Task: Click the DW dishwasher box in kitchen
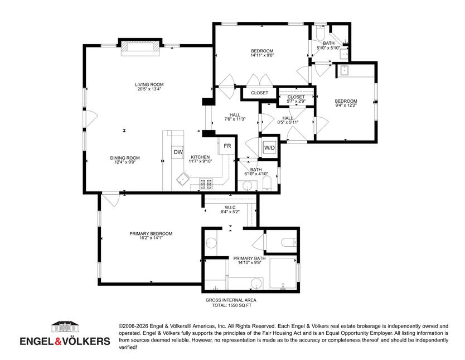pyautogui.click(x=178, y=152)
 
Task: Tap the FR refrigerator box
pyautogui.click(x=227, y=146)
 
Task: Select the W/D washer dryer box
pyautogui.click(x=269, y=148)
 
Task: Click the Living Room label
pyautogui.click(x=149, y=85)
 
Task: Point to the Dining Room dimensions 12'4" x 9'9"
pyautogui.click(x=125, y=162)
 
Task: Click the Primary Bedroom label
pyautogui.click(x=151, y=233)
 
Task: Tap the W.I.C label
pyautogui.click(x=230, y=207)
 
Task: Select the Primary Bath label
pyautogui.click(x=249, y=258)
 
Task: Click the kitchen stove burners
pyautogui.click(x=206, y=184)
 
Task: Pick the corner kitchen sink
pyautogui.click(x=183, y=179)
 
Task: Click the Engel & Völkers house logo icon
pyautogui.click(x=65, y=327)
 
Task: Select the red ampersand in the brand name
pyautogui.click(x=58, y=342)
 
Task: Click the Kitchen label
pyautogui.click(x=200, y=157)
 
